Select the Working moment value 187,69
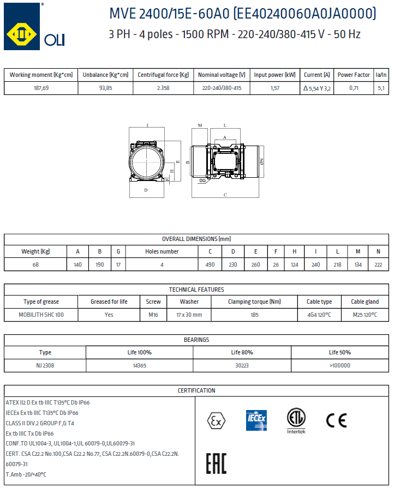click(41, 88)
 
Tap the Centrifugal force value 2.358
click(163, 88)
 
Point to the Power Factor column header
click(354, 75)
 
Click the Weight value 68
click(35, 264)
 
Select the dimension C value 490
click(210, 264)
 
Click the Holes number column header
click(162, 251)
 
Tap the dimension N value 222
click(378, 264)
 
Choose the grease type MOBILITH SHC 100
click(41, 315)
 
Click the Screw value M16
click(153, 315)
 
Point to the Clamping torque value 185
click(254, 315)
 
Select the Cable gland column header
click(365, 302)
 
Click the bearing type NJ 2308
click(45, 366)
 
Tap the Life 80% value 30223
click(242, 366)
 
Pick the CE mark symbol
click(336, 420)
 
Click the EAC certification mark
click(216, 463)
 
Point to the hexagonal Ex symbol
click(216, 420)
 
